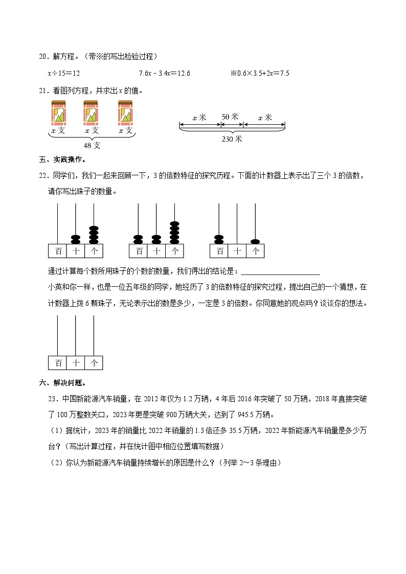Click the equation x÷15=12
click(64, 74)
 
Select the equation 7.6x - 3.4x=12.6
click(164, 74)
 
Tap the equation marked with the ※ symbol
click(260, 74)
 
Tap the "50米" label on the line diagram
click(230, 117)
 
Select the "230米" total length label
click(232, 139)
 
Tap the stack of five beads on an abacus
click(174, 233)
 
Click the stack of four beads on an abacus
click(94, 235)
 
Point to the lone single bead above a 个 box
click(255, 241)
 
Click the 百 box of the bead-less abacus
click(58, 362)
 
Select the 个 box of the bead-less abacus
click(94, 362)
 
